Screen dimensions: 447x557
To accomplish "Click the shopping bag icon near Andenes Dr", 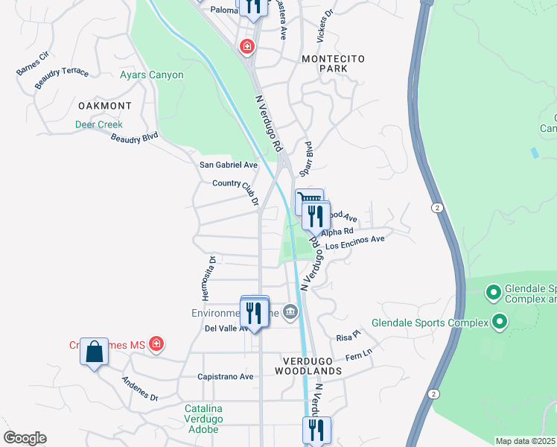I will coord(95,351).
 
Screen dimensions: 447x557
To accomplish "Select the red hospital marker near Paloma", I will coord(246,48).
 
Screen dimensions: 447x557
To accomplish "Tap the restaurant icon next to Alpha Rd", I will coord(316,216).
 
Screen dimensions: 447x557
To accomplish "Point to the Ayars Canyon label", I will coord(152,75).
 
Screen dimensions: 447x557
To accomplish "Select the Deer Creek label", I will coord(98,125).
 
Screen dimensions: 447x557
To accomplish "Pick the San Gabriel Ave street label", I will coord(228,165).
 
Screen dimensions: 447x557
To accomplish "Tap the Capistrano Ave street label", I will coord(226,377).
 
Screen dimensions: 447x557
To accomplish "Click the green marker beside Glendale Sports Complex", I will coord(499,323).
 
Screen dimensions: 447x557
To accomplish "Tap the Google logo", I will coord(25,438).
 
